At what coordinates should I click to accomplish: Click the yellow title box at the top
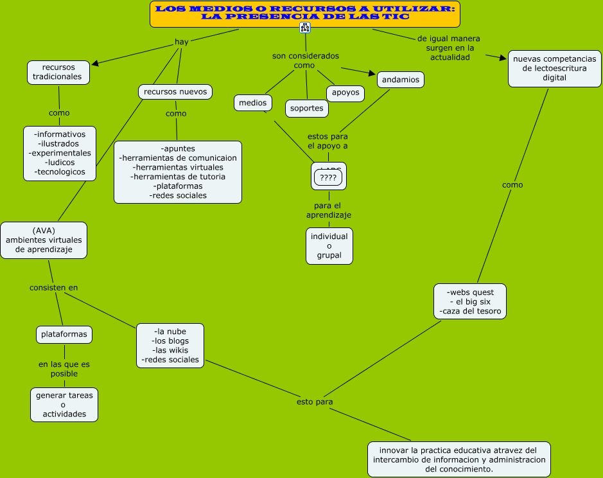(x=305, y=13)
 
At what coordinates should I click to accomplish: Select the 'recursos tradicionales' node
(x=58, y=72)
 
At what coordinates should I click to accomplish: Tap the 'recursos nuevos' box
(x=175, y=92)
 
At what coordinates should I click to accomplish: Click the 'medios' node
(x=252, y=103)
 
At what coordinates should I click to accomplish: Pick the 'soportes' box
(x=307, y=108)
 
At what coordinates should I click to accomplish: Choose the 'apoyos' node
(x=345, y=93)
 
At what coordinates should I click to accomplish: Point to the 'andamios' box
(x=400, y=80)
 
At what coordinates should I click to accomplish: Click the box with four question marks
(x=328, y=178)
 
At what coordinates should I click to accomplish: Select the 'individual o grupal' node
(x=329, y=245)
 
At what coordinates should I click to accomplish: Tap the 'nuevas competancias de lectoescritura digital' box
(x=554, y=68)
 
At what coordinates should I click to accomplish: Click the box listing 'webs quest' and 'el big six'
(x=470, y=301)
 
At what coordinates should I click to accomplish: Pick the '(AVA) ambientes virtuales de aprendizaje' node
(x=44, y=240)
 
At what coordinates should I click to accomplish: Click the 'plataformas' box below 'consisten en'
(x=64, y=335)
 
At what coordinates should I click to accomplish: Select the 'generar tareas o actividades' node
(x=64, y=405)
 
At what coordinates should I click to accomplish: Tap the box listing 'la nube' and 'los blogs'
(x=170, y=346)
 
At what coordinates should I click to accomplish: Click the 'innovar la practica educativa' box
(x=459, y=459)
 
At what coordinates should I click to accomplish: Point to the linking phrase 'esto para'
(x=315, y=402)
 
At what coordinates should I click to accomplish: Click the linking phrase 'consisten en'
(x=54, y=287)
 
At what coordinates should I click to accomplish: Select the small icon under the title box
(x=305, y=28)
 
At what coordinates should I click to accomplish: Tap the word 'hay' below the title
(x=182, y=42)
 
